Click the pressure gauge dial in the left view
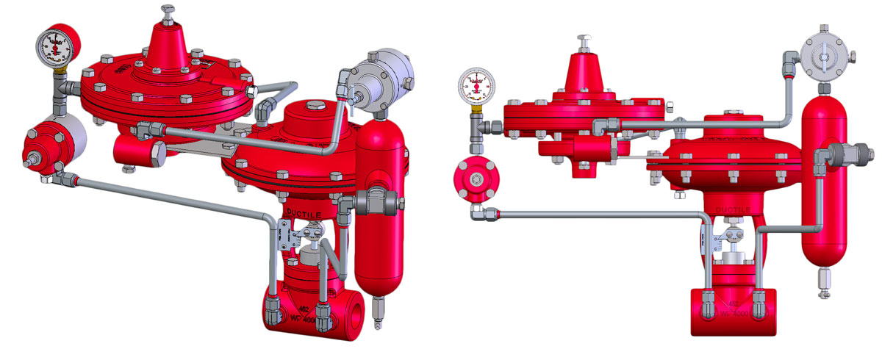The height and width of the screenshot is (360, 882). pyautogui.click(x=54, y=46)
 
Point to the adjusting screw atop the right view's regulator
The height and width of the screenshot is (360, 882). pyautogui.click(x=585, y=41)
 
